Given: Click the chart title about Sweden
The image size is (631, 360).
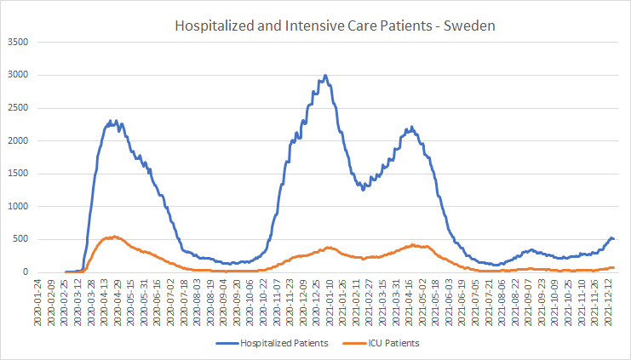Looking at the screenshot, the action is click(x=335, y=26).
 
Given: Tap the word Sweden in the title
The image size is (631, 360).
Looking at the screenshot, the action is click(x=469, y=26).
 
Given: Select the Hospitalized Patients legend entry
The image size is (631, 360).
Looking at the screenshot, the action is click(x=272, y=343).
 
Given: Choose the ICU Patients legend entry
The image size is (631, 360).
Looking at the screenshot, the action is click(x=381, y=343).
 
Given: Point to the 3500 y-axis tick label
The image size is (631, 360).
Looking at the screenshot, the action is click(x=18, y=42).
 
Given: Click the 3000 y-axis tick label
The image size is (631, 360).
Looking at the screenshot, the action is click(x=18, y=75).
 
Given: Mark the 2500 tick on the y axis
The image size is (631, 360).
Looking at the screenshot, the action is click(x=18, y=108).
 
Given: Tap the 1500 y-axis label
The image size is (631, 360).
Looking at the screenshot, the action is click(x=18, y=174).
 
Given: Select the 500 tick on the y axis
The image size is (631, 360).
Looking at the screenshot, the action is click(x=20, y=239).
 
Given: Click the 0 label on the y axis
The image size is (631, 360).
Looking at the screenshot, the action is click(x=26, y=271).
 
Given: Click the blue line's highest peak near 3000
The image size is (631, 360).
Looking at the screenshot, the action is click(x=325, y=75).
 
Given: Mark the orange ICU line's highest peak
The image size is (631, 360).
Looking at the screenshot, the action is click(x=115, y=237).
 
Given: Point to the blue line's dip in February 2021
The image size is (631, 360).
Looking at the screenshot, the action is click(x=363, y=190).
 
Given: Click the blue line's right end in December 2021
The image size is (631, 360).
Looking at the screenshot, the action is click(x=613, y=239).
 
